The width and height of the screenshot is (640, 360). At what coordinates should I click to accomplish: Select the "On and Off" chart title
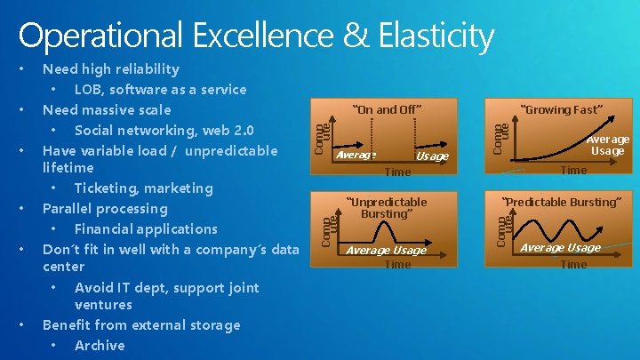[x=386, y=110]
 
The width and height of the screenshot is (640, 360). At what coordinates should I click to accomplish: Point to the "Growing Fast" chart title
[x=562, y=110]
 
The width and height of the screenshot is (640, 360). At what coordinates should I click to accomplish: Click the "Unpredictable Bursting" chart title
[x=386, y=208]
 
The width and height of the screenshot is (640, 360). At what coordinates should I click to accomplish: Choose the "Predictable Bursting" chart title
[x=561, y=202]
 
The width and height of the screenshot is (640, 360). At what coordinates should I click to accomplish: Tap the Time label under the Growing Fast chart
[x=573, y=170]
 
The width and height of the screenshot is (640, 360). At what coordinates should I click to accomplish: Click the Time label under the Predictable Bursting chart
[x=573, y=264]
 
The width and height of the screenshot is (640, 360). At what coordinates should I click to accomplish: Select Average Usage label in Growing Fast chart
[x=608, y=145]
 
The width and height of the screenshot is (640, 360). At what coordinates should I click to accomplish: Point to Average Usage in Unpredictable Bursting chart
[x=386, y=250]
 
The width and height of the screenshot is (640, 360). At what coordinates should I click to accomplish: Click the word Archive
[x=100, y=345]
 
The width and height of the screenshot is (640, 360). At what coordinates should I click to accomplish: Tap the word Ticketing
[x=105, y=188]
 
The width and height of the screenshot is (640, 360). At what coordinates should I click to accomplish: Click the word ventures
[x=103, y=304]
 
